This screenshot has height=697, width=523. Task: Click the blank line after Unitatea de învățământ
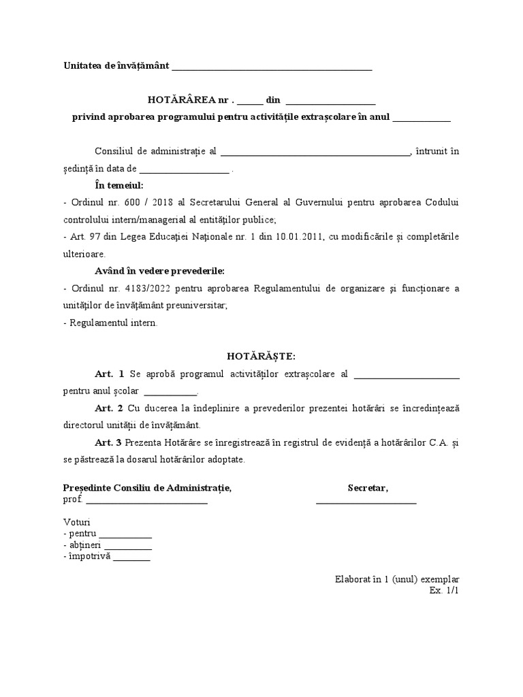click(272, 68)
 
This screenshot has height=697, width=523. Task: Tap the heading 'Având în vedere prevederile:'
click(159, 271)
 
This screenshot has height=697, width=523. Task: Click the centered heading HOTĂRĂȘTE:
click(261, 357)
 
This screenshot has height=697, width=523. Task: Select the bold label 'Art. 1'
click(109, 374)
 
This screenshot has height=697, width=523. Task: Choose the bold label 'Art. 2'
click(109, 408)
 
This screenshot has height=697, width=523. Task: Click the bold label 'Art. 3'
click(109, 442)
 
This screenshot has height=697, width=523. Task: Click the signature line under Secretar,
click(366, 502)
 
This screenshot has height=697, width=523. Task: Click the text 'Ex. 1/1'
click(444, 590)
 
